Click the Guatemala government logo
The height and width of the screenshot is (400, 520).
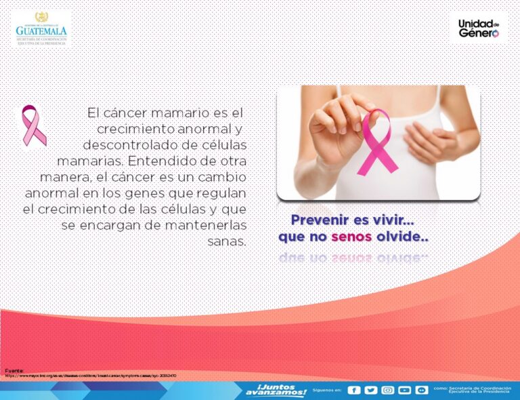pos(42,28)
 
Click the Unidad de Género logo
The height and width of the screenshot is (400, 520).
pos(479,28)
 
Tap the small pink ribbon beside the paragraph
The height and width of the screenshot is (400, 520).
pos(33,125)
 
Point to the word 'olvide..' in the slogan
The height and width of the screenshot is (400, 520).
pos(402,237)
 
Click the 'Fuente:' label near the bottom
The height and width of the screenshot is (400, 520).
pos(15,370)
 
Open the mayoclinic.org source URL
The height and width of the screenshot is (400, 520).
pos(91,376)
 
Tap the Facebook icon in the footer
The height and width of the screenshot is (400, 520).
pos(354,390)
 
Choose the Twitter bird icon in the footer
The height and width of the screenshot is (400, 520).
pos(370,390)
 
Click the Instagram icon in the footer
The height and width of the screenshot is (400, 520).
pos(388,390)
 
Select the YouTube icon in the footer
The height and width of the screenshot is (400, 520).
pos(405,390)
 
